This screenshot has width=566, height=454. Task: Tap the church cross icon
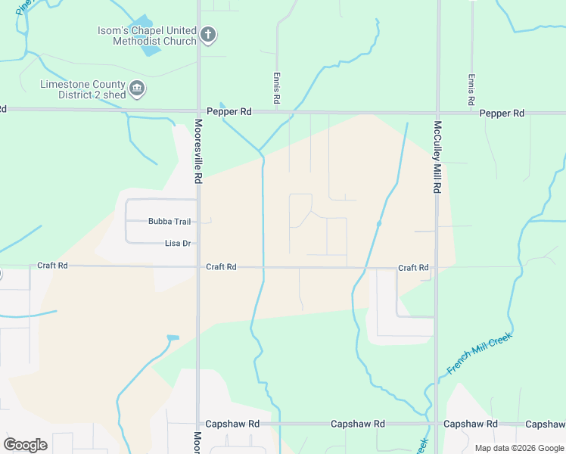[x=208, y=35]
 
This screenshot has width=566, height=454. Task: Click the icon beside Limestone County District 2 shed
[x=137, y=89]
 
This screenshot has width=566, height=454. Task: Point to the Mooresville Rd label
[x=198, y=151]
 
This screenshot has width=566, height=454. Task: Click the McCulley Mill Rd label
[x=437, y=157]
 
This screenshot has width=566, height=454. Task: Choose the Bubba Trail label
[x=169, y=222]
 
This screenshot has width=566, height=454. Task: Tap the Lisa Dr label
[x=178, y=244]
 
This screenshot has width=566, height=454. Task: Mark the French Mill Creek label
[x=480, y=353]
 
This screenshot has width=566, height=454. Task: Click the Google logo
[x=25, y=445]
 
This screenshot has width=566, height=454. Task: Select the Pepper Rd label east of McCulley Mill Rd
[x=502, y=113]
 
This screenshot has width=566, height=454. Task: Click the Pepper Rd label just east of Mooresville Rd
[x=229, y=111]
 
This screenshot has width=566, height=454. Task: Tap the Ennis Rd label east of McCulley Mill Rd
[x=471, y=89]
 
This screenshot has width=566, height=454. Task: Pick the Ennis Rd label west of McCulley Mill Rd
[x=277, y=89]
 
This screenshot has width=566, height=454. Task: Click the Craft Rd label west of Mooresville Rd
[x=53, y=266]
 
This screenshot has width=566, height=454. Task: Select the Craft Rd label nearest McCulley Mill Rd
[x=413, y=268]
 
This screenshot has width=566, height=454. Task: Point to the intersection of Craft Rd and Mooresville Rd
[x=198, y=266]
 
